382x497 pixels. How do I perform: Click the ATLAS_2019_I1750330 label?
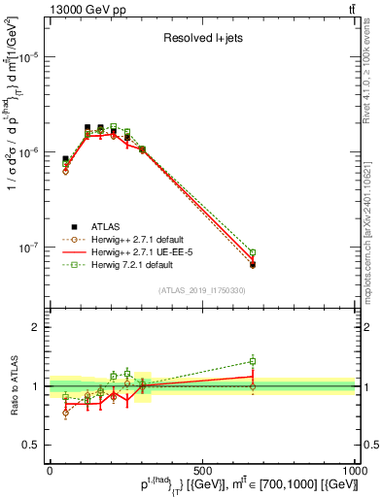click(x=200, y=290)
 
